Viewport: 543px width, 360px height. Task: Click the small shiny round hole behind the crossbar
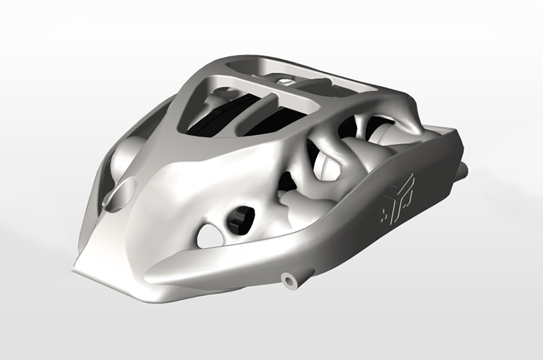pos(286,82)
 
